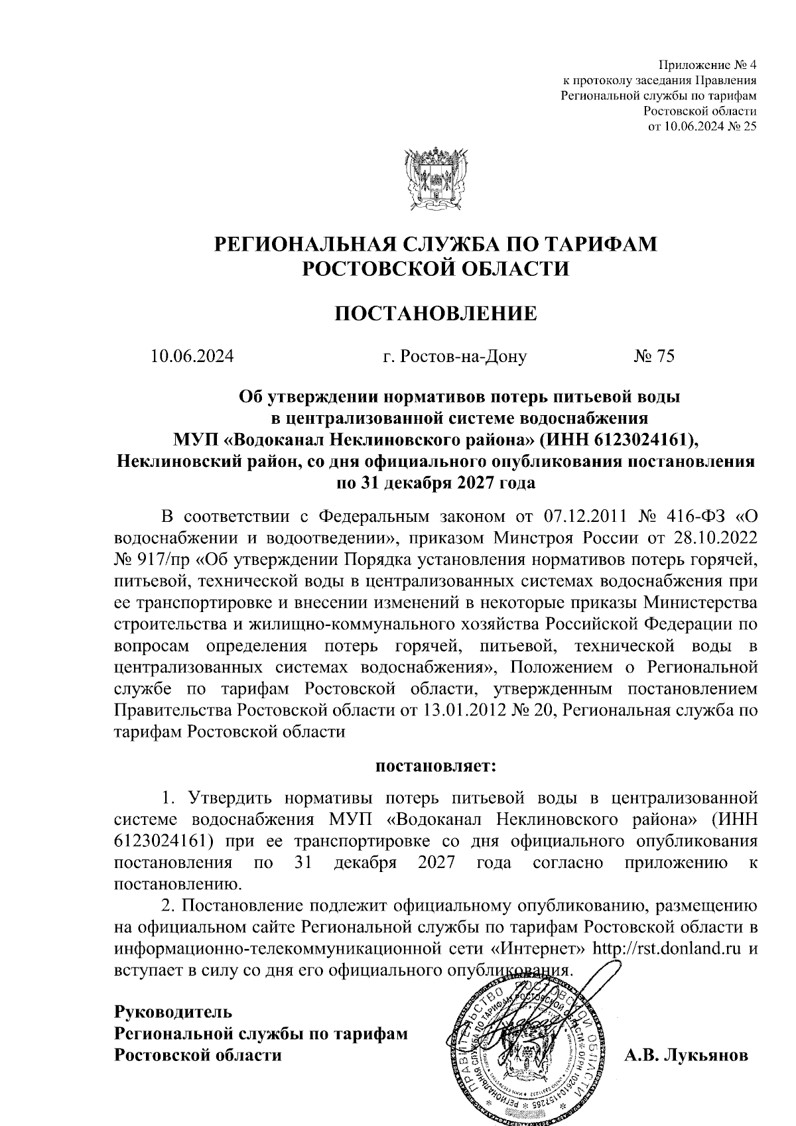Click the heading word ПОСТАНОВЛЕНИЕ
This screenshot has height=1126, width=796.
(x=435, y=313)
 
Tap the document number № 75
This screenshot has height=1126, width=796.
(x=654, y=357)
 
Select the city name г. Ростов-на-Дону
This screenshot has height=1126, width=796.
(x=455, y=357)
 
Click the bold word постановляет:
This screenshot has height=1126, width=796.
(x=436, y=767)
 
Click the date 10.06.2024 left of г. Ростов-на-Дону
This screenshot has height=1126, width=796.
(x=192, y=357)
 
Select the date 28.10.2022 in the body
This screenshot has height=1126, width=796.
(x=715, y=536)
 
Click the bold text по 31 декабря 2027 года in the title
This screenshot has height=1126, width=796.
(x=436, y=483)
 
